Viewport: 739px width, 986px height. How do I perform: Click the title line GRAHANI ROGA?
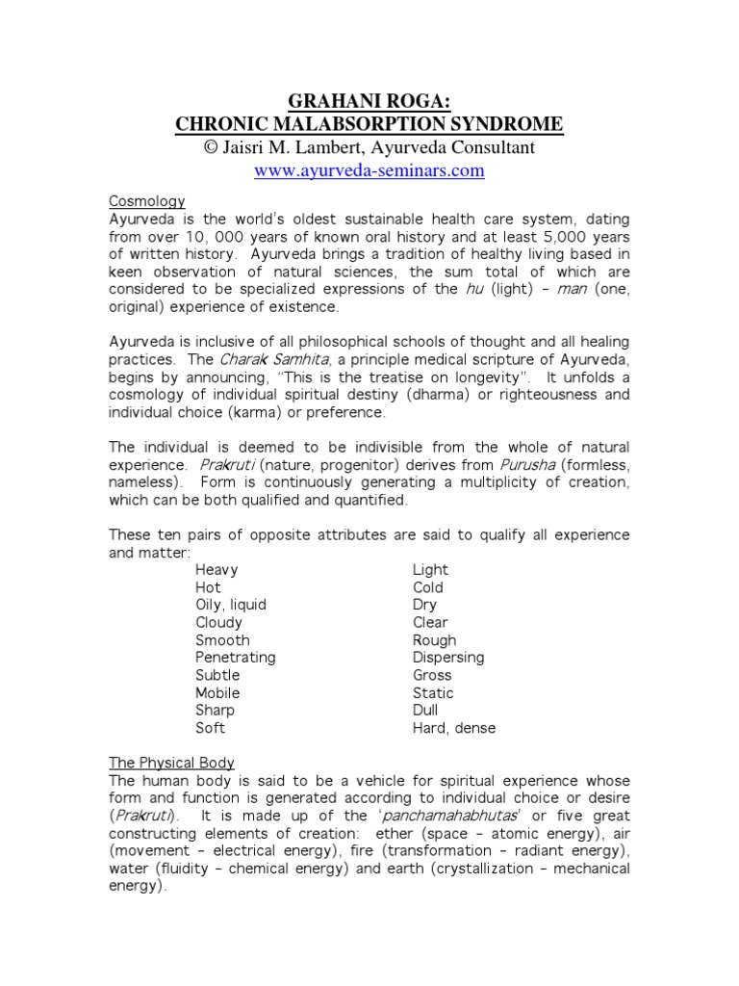pos(369,101)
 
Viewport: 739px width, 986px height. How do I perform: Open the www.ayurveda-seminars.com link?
pos(369,171)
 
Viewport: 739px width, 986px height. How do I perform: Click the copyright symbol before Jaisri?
pos(211,148)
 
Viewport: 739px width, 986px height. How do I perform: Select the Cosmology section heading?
pos(145,201)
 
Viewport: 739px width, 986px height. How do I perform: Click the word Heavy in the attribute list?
pos(217,570)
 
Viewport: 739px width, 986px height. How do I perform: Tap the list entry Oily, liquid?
pos(231,605)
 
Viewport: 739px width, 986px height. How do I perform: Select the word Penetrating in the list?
pos(236,658)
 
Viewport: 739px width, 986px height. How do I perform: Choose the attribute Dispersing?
pos(448,658)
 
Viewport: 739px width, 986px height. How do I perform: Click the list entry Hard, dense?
pos(454,728)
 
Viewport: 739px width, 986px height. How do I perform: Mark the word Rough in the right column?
pos(435,640)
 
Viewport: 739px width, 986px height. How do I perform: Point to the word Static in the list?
pos(433,693)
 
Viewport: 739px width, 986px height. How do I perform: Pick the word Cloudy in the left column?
pos(219,623)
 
